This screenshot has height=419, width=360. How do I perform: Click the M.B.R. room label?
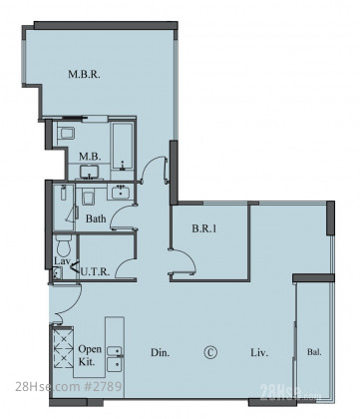(84, 74)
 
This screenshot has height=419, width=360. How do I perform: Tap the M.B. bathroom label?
(90, 157)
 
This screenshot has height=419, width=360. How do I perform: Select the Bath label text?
(96, 218)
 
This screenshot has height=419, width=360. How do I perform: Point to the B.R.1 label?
(204, 228)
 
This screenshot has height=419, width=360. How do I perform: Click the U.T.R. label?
(95, 272)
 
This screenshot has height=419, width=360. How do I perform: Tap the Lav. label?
(61, 261)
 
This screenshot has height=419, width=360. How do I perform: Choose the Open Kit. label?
(90, 355)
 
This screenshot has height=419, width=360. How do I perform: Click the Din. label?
(160, 352)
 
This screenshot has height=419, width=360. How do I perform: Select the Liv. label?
(259, 352)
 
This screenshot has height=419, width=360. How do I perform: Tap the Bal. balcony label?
(314, 352)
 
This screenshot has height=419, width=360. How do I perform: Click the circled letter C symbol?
(210, 352)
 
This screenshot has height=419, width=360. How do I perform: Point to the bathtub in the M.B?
(123, 146)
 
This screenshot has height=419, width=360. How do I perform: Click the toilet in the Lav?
(63, 244)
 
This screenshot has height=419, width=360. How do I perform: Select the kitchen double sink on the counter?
(114, 357)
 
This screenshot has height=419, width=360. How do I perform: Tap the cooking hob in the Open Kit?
(64, 348)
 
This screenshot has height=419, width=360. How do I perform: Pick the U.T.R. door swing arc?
(124, 263)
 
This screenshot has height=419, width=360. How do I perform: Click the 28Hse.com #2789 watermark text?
(69, 387)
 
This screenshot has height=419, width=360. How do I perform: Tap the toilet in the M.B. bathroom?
(66, 134)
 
